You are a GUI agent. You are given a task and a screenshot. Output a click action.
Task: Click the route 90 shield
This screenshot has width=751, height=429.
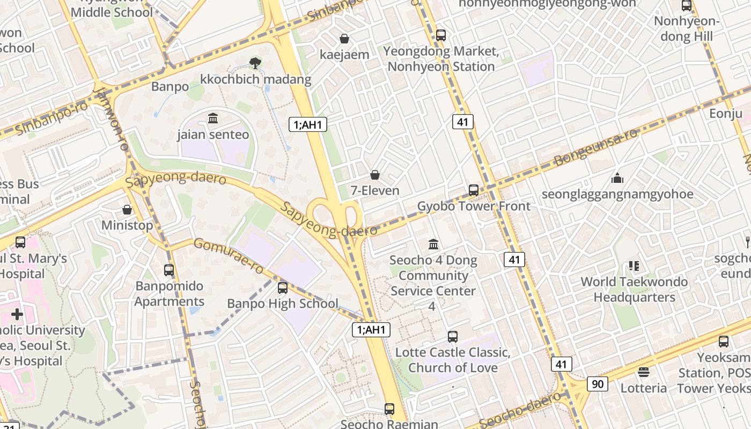[x=597, y=384]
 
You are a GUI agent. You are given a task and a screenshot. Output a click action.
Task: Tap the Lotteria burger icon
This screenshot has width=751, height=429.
[x=644, y=372]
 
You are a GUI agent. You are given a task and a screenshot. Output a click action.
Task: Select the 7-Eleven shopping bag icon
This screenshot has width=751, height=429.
[x=375, y=175]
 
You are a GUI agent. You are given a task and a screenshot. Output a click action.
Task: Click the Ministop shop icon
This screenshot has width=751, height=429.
[x=127, y=210]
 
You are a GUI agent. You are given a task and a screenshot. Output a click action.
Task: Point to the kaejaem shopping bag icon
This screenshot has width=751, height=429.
[x=344, y=39]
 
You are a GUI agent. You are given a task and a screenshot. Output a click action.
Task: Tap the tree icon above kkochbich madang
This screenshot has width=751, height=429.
[x=256, y=63]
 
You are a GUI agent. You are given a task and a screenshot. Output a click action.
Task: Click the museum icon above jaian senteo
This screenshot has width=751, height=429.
[x=213, y=118]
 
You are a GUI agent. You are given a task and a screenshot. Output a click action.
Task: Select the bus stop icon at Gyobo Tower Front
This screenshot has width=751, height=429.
[x=473, y=190]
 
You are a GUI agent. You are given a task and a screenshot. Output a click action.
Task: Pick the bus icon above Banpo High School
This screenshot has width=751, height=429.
[x=283, y=288]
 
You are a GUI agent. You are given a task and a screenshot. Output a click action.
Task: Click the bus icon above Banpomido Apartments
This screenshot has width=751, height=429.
[x=169, y=270]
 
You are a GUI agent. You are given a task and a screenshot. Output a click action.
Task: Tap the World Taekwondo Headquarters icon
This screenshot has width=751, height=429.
[x=634, y=266]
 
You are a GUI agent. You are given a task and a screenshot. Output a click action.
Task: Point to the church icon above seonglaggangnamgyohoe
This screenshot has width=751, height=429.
[x=617, y=177]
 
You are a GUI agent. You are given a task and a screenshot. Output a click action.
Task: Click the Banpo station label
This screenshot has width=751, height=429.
[x=170, y=86]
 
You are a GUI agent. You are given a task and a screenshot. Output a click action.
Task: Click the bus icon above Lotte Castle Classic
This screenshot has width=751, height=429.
[x=453, y=337]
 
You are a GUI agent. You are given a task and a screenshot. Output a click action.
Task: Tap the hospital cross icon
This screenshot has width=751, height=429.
[x=17, y=314]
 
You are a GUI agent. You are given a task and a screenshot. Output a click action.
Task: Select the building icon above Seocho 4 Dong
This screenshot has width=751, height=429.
[x=433, y=245]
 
